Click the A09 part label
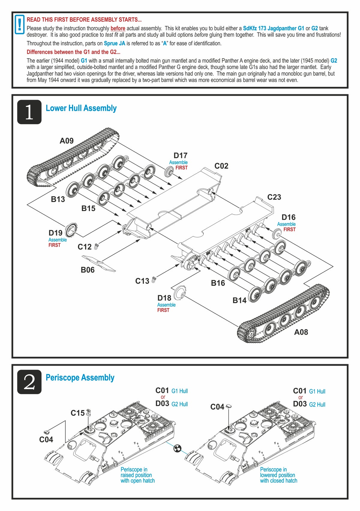pos(67,141)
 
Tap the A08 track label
pos(301,332)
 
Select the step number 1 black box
pos(29,112)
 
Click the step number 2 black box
pos(29,382)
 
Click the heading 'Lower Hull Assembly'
pos(81,108)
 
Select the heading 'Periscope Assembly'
pos(80,378)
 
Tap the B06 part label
pos(88,270)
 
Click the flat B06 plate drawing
pos(99,263)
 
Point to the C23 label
pos(274,197)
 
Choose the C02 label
pos(221,166)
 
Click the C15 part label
pos(77,413)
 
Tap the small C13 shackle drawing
pos(154,280)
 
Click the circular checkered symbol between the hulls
pos(178,449)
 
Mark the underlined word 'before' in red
pos(118,29)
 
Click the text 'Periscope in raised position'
pos(136,472)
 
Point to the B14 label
pos(239,300)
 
